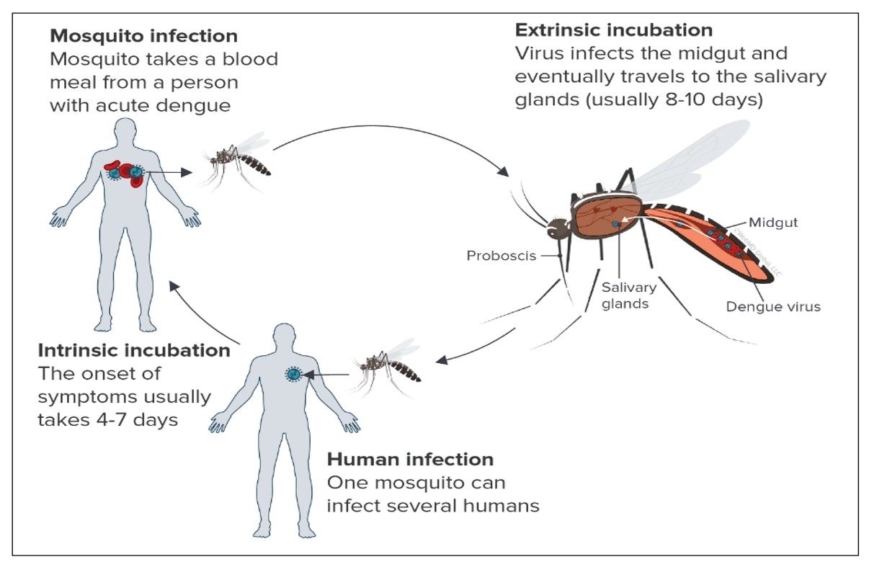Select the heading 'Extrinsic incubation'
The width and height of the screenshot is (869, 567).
point(613,30)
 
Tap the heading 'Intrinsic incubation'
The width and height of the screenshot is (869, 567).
point(133,351)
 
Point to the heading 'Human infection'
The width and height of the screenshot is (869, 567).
point(410,459)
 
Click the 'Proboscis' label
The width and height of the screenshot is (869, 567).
point(501,255)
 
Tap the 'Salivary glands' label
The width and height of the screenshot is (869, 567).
point(629,295)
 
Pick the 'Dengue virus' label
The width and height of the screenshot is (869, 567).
point(773,307)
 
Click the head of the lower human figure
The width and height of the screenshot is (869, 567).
point(285,341)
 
